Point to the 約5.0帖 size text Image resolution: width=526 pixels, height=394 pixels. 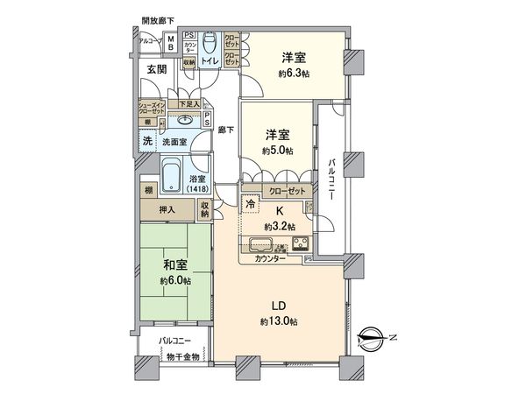(278, 150)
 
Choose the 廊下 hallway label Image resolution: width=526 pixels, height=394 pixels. (224, 130)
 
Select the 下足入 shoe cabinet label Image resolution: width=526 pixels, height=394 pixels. (188, 104)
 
